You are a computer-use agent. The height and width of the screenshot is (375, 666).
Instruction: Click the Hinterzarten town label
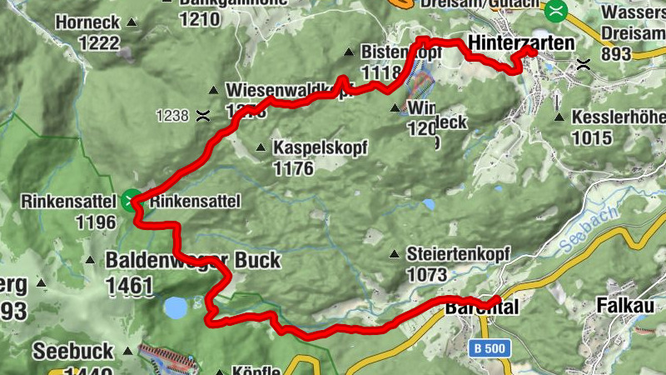[x=521, y=42]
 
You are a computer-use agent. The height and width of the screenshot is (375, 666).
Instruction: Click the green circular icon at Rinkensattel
[x=130, y=200]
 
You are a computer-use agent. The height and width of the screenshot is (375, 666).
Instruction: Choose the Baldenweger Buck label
[x=193, y=261]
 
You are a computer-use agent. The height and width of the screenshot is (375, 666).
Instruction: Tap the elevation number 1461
[x=129, y=287]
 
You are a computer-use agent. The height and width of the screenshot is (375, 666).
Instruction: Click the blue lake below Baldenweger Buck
[x=176, y=308]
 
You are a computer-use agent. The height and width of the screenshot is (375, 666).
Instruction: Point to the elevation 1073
[x=427, y=274]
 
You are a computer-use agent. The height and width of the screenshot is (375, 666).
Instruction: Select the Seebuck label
[x=73, y=352]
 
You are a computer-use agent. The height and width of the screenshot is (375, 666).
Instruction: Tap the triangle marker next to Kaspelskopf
[x=261, y=148]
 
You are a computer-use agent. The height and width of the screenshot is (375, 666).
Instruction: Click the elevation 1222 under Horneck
[x=77, y=43]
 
